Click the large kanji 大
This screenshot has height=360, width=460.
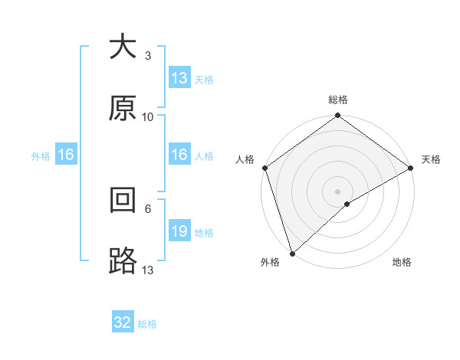tap(123, 46)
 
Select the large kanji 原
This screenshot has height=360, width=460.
tap(123, 108)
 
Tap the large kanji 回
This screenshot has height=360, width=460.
tap(123, 200)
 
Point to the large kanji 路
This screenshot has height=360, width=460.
tap(123, 261)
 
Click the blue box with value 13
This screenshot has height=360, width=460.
tap(179, 78)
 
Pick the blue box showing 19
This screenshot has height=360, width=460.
tap(179, 231)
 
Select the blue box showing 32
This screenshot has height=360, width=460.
tap(123, 322)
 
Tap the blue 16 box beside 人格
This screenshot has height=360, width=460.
tap(179, 155)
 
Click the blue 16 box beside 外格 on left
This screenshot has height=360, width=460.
tap(66, 155)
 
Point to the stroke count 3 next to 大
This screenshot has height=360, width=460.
tap(148, 56)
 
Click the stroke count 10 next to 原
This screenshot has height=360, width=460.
tap(148, 117)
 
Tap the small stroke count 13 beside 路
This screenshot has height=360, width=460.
tap(148, 270)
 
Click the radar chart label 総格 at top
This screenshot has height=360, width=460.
tap(338, 100)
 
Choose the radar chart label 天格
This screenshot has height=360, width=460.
tap(431, 159)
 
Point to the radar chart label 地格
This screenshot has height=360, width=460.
tap(402, 263)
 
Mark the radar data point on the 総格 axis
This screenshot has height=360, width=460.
tap(338, 116)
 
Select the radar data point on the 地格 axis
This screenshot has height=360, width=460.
tap(347, 204)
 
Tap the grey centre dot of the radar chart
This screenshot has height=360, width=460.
tap(338, 191)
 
